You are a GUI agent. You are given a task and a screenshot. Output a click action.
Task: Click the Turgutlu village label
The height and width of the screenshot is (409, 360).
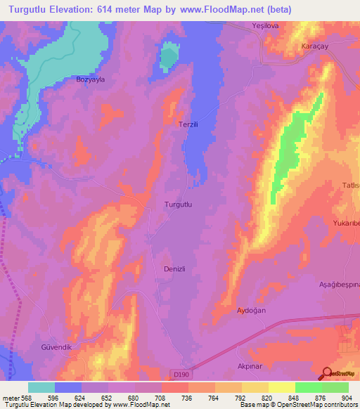[178, 204]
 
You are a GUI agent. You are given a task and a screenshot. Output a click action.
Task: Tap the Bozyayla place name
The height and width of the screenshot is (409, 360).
[90, 80]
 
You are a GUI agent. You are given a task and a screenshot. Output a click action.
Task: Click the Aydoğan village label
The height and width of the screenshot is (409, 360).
[251, 310]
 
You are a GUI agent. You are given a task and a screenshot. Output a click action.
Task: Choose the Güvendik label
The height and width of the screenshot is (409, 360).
[56, 347]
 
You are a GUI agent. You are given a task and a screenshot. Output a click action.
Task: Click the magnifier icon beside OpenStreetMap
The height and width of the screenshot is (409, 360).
[327, 374]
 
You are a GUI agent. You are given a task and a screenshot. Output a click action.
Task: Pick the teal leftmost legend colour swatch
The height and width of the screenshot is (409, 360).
[41, 387]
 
